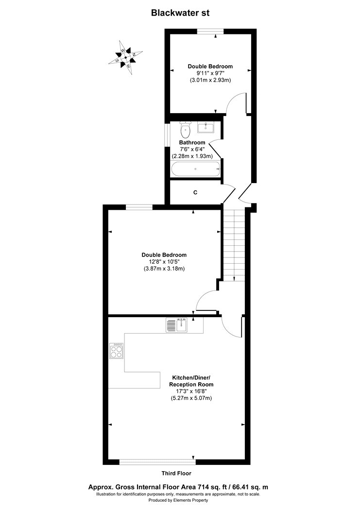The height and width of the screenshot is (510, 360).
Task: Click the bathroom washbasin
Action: (206, 128)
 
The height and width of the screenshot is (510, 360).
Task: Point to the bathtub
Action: (196, 169)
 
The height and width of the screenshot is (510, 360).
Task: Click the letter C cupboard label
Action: (195, 193)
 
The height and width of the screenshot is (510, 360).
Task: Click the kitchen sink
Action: (177, 324)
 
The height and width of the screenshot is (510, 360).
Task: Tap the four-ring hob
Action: (117, 351)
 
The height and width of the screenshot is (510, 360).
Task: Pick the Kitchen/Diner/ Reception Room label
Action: (192, 381)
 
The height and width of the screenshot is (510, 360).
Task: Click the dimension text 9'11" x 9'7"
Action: (210, 73)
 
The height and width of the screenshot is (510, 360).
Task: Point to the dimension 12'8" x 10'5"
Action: (164, 262)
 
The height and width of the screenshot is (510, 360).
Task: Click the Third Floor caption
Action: (176, 473)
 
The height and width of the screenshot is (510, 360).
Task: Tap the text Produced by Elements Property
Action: (180, 500)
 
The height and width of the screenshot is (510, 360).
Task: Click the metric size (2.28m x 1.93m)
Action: (192, 156)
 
